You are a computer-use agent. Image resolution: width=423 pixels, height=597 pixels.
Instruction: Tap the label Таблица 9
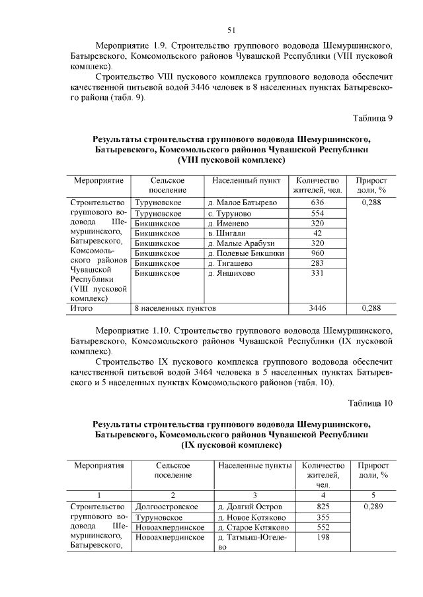click(373, 119)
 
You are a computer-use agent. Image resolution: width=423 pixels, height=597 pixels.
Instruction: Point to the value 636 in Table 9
click(317, 203)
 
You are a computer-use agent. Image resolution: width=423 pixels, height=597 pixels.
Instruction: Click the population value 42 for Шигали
click(317, 233)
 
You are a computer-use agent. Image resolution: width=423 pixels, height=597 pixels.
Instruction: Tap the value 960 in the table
click(317, 253)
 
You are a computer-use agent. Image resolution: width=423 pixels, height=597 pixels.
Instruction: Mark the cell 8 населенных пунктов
click(175, 307)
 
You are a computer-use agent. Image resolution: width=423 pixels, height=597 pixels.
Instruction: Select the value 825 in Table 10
click(323, 507)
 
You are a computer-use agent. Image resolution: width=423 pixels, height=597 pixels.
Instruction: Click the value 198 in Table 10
click(323, 538)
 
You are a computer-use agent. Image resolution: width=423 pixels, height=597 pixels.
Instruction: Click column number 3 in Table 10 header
click(254, 495)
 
